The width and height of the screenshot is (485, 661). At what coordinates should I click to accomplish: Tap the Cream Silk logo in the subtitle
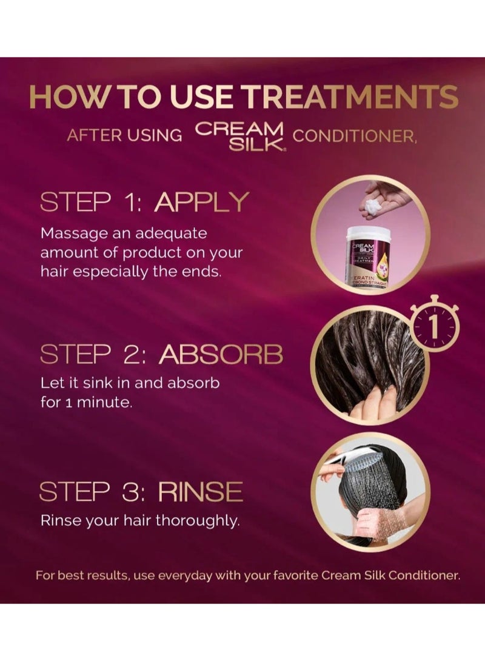pos(240,136)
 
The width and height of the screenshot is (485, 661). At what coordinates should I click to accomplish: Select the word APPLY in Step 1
pos(202,202)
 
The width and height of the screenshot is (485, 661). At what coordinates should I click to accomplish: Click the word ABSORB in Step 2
pos(221,354)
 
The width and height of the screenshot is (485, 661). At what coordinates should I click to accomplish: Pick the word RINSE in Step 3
pos(201,492)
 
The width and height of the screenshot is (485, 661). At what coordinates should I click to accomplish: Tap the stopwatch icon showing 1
pos(434,323)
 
